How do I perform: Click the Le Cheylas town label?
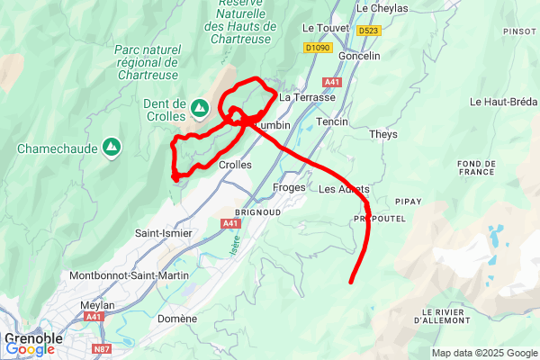382,8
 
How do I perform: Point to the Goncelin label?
358,56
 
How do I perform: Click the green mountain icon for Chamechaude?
111,145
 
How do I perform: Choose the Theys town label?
383,135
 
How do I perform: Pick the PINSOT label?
519,31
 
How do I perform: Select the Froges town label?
289,188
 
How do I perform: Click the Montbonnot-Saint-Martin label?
129,275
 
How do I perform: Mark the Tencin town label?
332,121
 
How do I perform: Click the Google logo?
30,349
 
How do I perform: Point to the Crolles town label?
235,166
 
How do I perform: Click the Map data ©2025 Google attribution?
483,353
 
